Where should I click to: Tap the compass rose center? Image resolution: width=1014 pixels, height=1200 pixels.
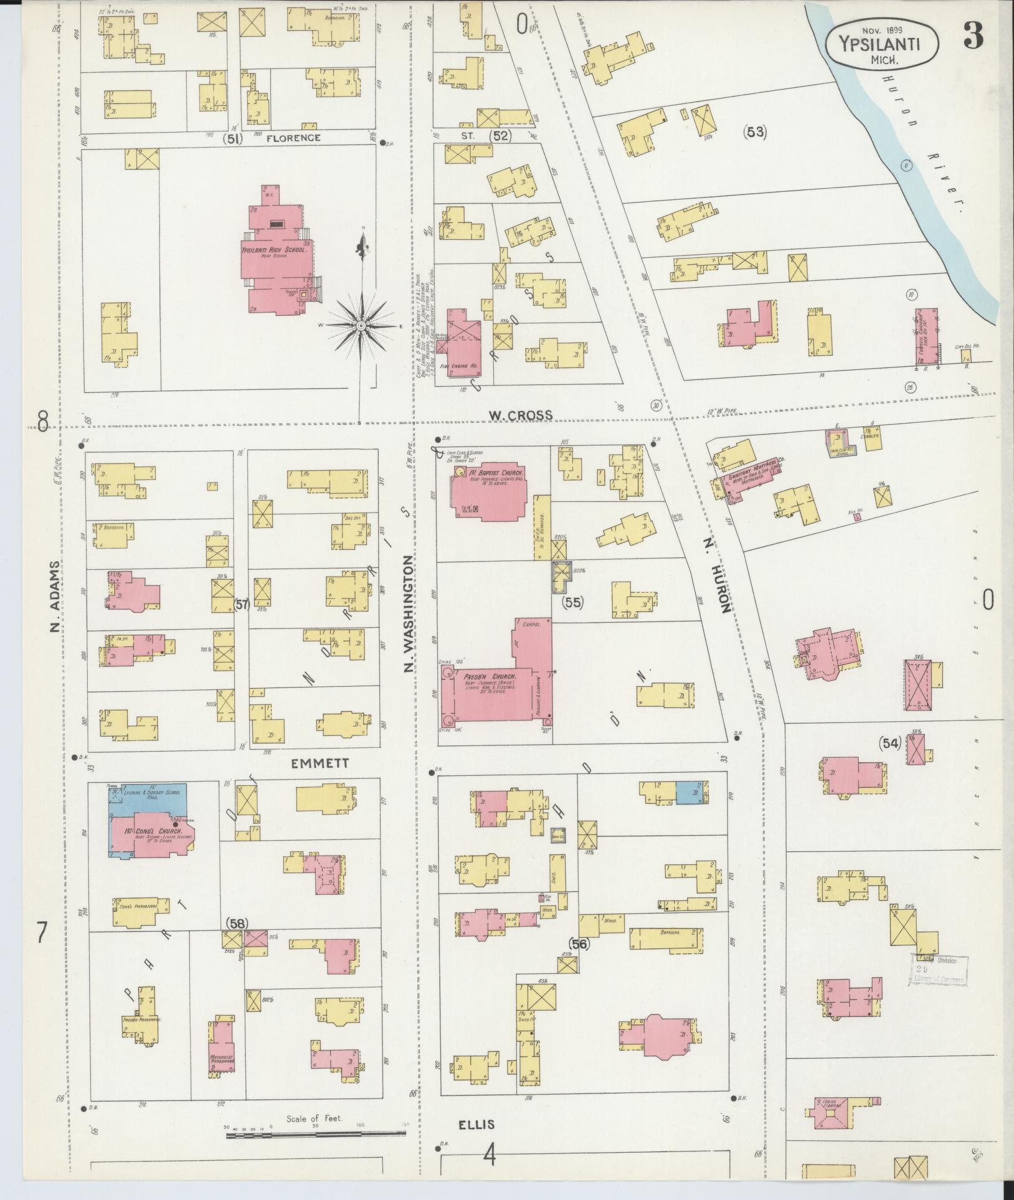361,326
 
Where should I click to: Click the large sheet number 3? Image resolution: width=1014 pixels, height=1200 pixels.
974,37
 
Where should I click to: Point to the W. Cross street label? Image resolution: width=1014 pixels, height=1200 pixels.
520,415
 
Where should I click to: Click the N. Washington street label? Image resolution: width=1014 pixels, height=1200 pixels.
409,615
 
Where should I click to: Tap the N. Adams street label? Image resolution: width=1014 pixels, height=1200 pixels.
54,596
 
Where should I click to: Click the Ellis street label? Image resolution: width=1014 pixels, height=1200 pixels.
476,1125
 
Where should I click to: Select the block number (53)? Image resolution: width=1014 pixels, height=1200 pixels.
754,132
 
